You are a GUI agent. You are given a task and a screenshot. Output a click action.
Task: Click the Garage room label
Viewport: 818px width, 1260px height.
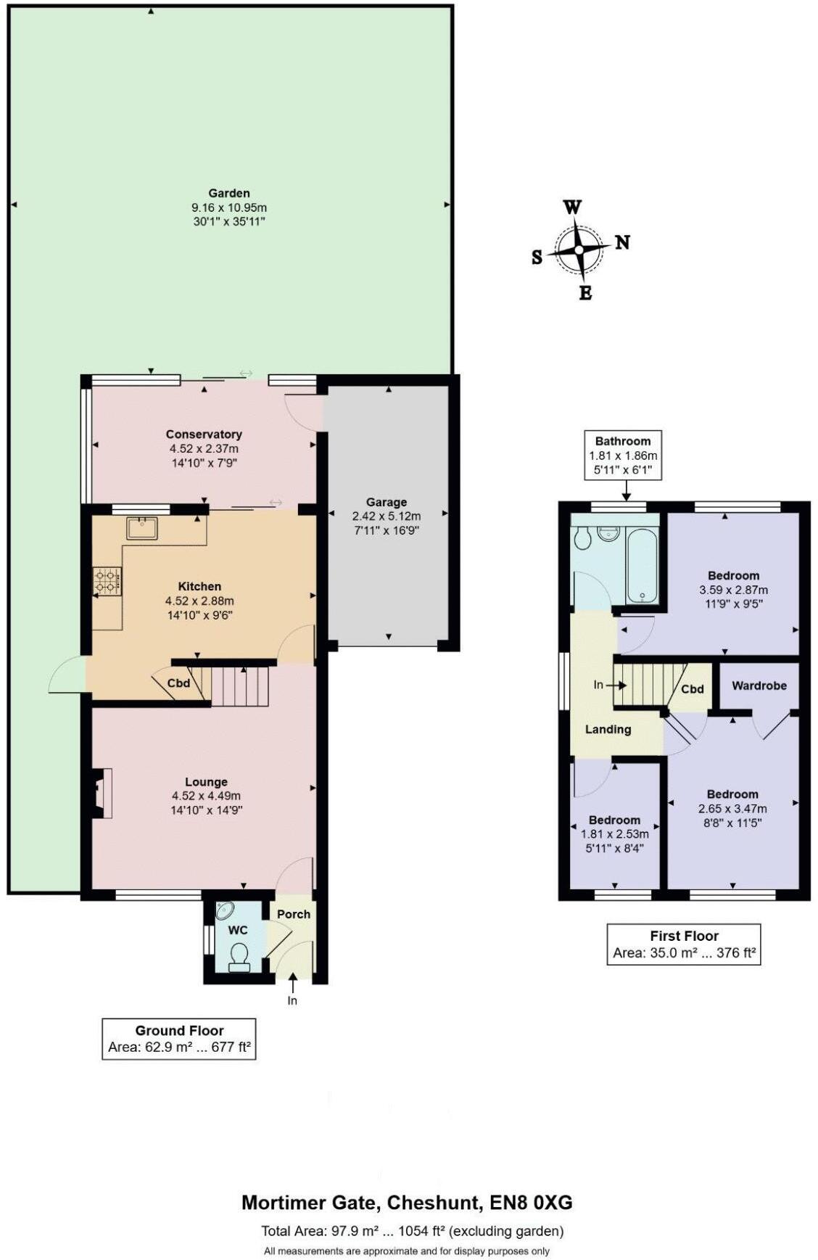coord(386,502)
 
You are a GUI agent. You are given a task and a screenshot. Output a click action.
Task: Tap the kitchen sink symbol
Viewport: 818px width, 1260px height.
coord(142,528)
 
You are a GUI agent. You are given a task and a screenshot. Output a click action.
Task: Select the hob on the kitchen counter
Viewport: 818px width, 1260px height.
coord(107,581)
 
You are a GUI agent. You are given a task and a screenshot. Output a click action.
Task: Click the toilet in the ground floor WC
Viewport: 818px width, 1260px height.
coord(239,957)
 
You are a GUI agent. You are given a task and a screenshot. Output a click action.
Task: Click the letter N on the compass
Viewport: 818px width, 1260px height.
coord(622,242)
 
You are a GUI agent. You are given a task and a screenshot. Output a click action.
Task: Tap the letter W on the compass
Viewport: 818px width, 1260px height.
coord(572,207)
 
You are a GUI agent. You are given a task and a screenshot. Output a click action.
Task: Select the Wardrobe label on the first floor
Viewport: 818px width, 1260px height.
coord(759,685)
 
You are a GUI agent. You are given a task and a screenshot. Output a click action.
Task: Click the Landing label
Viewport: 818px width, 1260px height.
coord(608,730)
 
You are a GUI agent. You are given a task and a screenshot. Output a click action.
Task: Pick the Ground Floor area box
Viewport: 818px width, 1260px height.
coord(179,1039)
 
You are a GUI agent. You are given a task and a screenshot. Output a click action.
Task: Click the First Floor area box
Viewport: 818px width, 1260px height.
coord(683,944)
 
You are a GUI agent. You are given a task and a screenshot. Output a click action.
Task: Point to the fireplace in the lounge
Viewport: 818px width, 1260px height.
coord(102,793)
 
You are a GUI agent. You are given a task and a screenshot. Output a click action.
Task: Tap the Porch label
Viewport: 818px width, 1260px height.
coord(294,914)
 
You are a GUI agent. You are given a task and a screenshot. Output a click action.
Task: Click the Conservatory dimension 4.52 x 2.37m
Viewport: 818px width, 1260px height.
coord(204,448)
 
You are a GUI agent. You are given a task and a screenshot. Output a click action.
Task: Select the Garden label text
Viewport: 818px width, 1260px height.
coord(229,193)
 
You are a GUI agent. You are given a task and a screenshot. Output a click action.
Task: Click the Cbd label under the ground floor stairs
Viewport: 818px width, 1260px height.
coord(178,683)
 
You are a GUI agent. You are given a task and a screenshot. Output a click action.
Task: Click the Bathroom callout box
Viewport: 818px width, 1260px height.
coord(623,455)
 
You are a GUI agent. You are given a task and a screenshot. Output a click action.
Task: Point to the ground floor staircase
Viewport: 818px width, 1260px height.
coord(240,686)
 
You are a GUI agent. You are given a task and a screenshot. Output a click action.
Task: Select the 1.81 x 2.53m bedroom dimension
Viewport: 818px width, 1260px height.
coord(614,834)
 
